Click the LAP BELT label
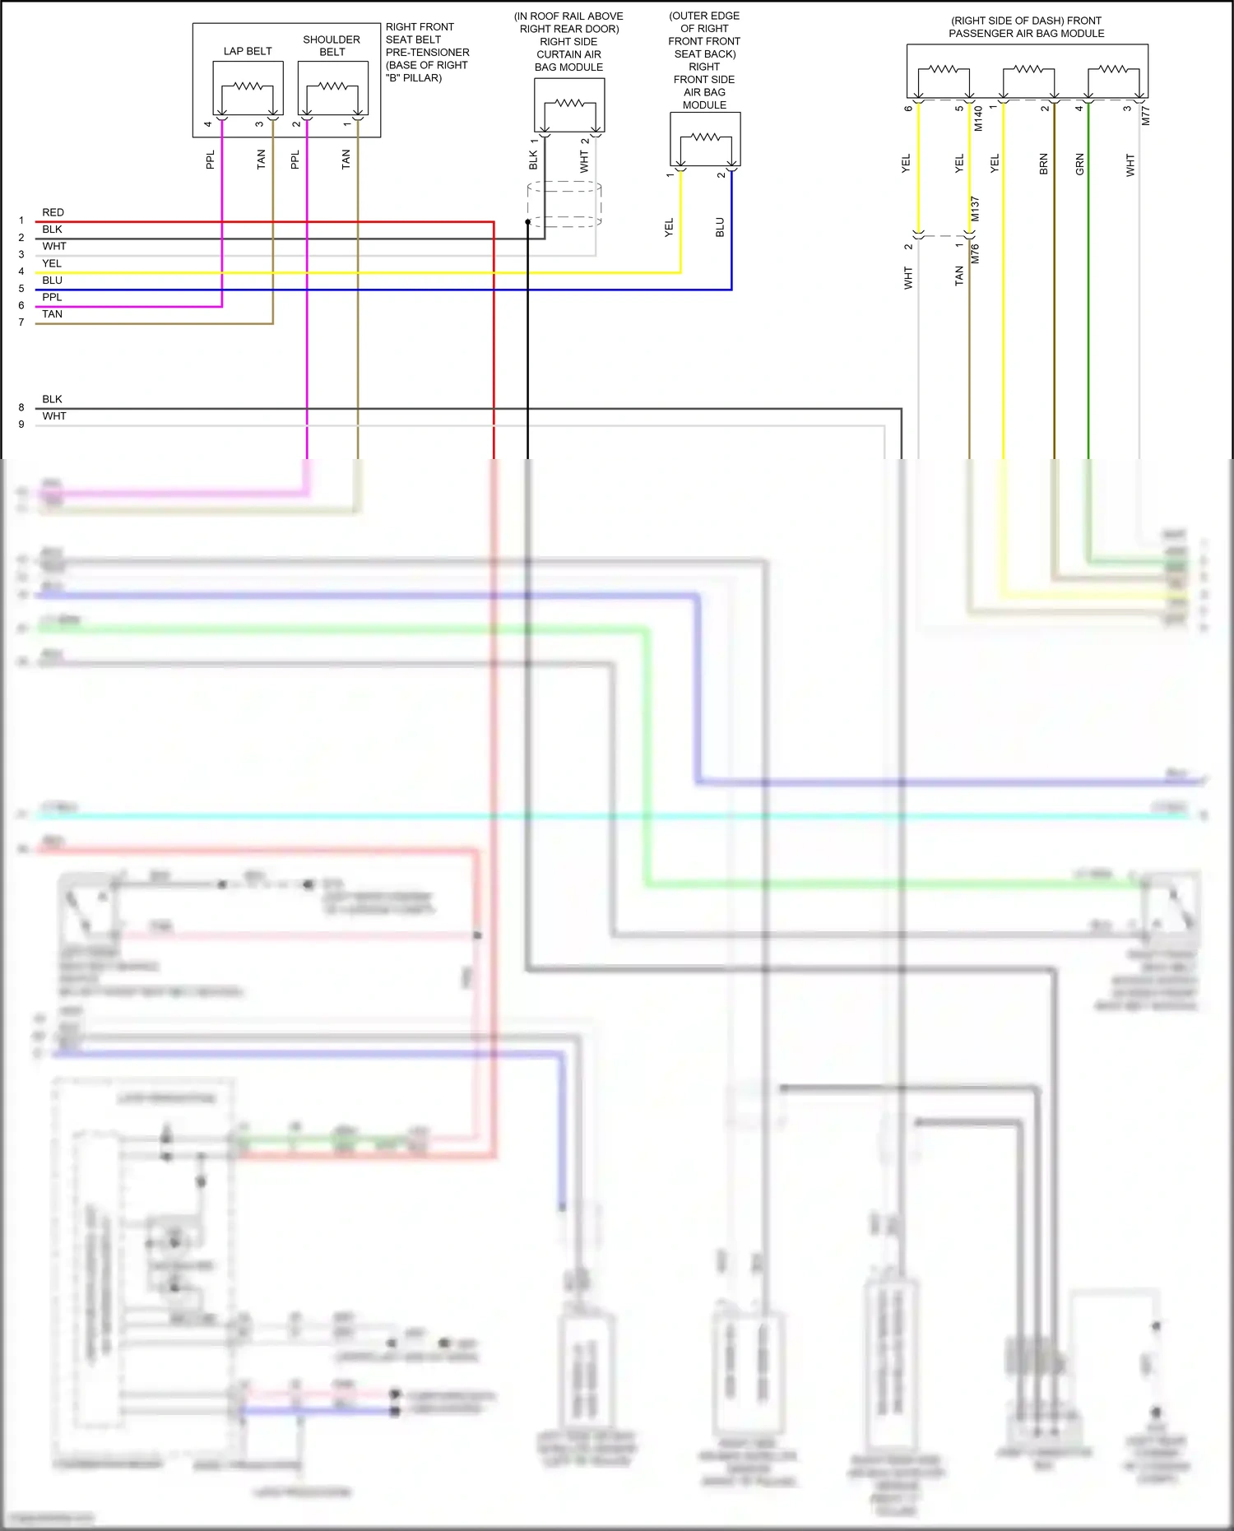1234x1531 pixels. [x=247, y=51]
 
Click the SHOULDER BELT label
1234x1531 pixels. [x=332, y=45]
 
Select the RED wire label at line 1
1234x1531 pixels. [x=53, y=212]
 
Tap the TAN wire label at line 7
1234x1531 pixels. [x=52, y=314]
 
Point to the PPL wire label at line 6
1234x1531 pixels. [x=52, y=297]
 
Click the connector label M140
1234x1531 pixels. [x=978, y=118]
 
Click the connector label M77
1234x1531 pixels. [x=1145, y=116]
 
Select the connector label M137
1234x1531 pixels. [x=975, y=209]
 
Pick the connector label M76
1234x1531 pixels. [x=975, y=253]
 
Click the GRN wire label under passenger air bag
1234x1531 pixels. [x=1079, y=165]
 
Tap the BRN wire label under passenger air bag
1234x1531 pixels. [x=1043, y=165]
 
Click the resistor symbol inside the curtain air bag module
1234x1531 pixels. [x=569, y=103]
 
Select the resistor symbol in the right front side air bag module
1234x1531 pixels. [x=705, y=137]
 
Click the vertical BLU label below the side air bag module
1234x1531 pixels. [x=720, y=228]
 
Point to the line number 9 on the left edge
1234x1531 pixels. [x=21, y=425]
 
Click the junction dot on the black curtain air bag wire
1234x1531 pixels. [x=527, y=222]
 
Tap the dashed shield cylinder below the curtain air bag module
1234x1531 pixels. [x=564, y=204]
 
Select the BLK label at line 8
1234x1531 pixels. [x=52, y=399]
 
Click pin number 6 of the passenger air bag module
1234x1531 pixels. [x=908, y=109]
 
